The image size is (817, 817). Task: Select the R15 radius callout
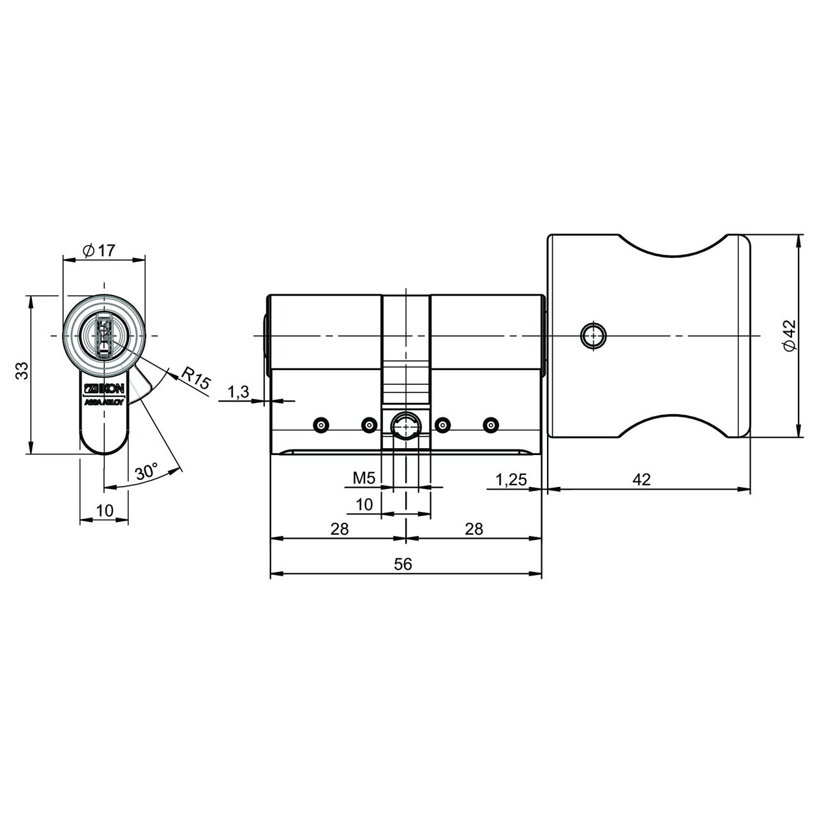[x=195, y=378]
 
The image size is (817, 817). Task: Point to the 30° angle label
[x=147, y=472]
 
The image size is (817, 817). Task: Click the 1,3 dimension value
[x=239, y=392]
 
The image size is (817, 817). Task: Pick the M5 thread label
[x=364, y=478]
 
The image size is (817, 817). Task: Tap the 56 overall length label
[x=403, y=564]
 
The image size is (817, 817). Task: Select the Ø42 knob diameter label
[x=790, y=335]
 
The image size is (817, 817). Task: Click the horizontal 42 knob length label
[x=641, y=479]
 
